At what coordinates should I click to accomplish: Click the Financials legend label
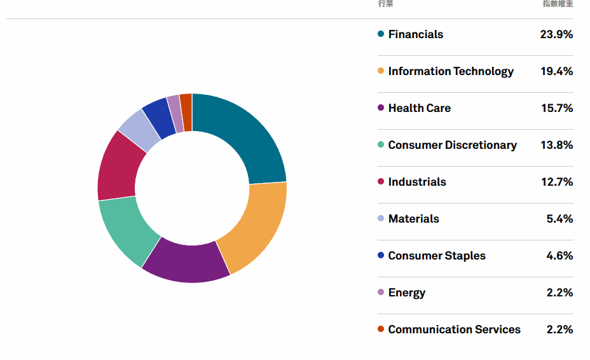[x=415, y=34]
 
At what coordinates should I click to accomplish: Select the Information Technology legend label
[x=451, y=71]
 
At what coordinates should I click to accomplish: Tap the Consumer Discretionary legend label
[x=452, y=145]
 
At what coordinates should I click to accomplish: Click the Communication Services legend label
[x=454, y=329]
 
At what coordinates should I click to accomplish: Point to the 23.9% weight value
[x=556, y=34]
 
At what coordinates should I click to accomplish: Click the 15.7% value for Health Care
[x=557, y=108]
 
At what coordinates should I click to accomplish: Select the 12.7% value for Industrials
[x=557, y=182]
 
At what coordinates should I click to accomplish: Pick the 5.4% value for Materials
[x=559, y=219]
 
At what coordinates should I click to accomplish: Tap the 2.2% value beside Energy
[x=559, y=293]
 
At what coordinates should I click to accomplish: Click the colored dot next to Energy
[x=381, y=293]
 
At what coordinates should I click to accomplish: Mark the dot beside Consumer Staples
[x=381, y=256]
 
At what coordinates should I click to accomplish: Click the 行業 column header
[x=385, y=4]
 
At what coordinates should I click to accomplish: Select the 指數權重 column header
[x=558, y=4]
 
